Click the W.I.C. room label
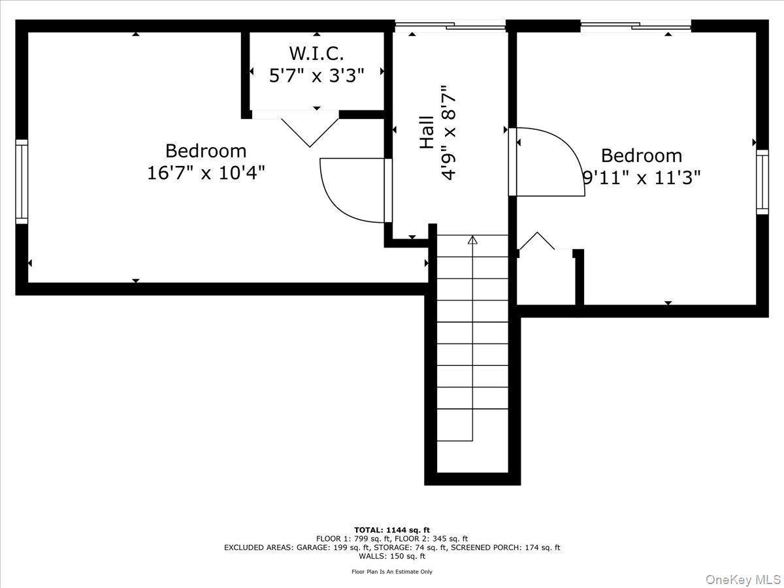tap(317, 53)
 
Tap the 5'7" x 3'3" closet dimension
tap(317, 75)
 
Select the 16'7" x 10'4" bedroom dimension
tap(206, 173)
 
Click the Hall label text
tap(427, 132)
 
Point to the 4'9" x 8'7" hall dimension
tap(448, 132)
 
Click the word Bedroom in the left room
tap(206, 151)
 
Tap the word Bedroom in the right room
tap(642, 155)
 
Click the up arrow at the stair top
tap(472, 240)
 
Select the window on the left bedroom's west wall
tap(22, 182)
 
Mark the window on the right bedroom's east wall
tap(762, 182)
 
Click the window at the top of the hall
tap(451, 26)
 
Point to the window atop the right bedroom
tap(636, 26)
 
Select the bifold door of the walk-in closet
tap(309, 129)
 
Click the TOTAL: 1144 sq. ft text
tap(392, 530)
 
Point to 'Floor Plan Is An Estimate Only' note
tap(392, 572)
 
